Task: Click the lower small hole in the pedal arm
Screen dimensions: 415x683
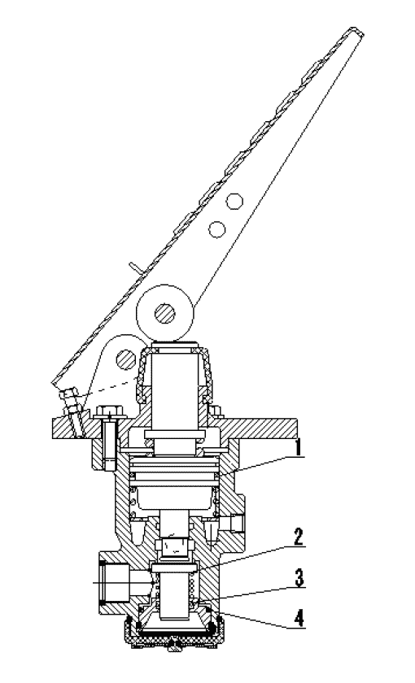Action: tap(216, 228)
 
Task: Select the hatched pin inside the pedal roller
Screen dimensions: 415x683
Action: tap(164, 314)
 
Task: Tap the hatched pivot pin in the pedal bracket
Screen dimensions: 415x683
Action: tap(126, 359)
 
